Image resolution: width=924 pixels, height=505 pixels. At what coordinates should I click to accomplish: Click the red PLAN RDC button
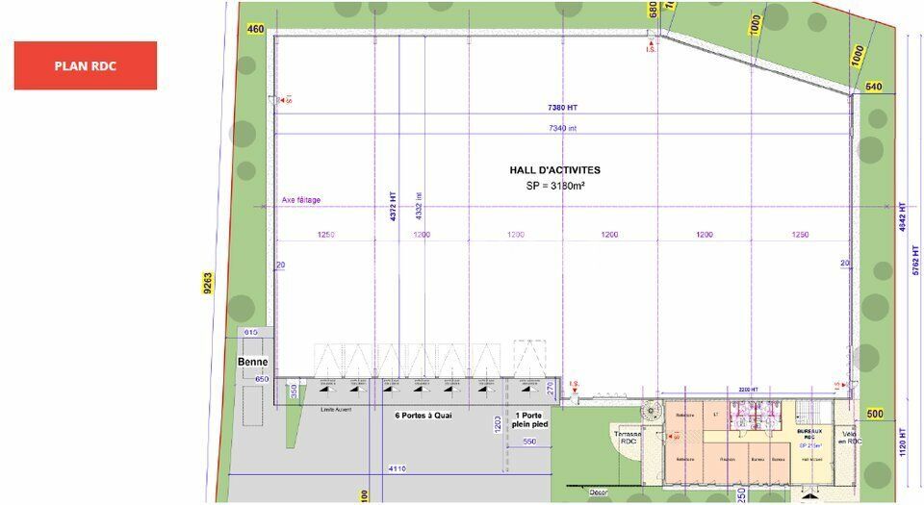click(x=85, y=65)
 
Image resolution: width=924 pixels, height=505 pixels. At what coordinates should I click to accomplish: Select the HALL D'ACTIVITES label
click(x=555, y=170)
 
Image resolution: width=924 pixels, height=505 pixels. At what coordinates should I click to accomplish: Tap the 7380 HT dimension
click(x=563, y=108)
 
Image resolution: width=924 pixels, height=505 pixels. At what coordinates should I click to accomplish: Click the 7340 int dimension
click(x=563, y=128)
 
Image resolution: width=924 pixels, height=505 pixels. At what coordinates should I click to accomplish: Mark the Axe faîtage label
click(x=301, y=200)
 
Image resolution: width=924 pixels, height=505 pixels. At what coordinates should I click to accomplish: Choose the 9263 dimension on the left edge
click(x=207, y=286)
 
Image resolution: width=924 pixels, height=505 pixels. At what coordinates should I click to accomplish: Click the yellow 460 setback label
click(x=255, y=29)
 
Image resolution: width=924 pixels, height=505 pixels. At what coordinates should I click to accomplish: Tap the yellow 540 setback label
click(x=874, y=87)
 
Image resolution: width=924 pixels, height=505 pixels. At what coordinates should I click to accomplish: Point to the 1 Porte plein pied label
click(x=527, y=420)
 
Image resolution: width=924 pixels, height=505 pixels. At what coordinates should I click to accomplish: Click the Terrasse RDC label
click(x=630, y=438)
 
